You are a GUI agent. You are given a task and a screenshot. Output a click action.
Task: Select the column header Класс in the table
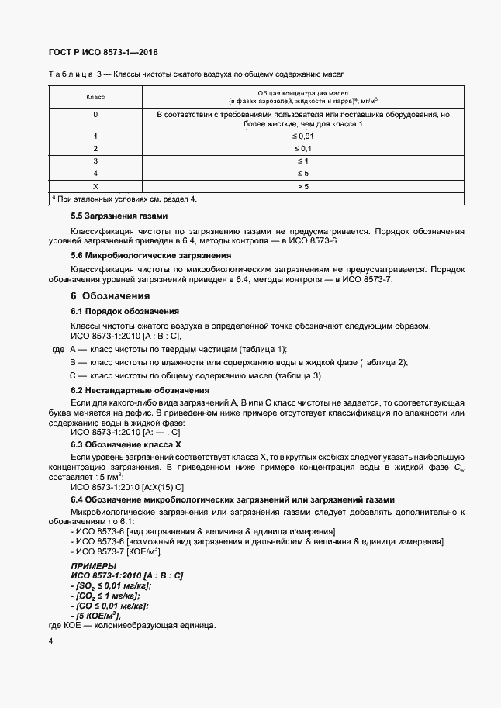click(95, 97)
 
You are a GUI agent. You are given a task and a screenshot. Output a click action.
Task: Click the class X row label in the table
click(95, 186)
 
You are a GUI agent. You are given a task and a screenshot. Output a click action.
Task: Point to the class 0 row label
click(95, 115)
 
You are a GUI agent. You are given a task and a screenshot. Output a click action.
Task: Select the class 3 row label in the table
click(95, 161)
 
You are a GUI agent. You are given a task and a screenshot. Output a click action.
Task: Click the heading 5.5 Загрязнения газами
click(119, 215)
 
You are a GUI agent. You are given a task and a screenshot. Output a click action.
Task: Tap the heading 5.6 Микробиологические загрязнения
click(151, 254)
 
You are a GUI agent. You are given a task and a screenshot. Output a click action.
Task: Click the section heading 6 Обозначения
click(110, 295)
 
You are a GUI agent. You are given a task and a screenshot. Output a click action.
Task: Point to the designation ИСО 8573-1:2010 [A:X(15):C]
click(127, 487)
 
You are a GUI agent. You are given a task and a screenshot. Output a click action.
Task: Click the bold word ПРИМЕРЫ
click(93, 566)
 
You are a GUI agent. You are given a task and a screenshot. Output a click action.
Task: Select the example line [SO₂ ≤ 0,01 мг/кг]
click(111, 586)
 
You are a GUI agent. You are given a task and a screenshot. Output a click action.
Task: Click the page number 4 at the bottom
click(50, 641)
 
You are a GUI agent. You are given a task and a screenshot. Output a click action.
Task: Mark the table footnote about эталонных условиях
click(124, 199)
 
